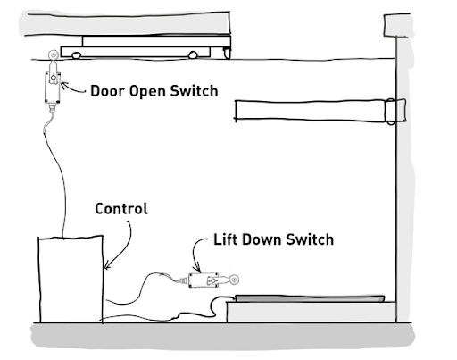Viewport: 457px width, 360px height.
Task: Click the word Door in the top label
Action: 107,91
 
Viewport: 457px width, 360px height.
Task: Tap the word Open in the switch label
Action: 147,92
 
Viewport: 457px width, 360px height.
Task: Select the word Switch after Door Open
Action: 194,91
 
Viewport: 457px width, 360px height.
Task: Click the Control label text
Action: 121,209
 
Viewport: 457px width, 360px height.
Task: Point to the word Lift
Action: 225,239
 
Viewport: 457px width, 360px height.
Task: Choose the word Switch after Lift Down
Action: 310,239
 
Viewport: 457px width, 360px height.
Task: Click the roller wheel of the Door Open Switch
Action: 53,55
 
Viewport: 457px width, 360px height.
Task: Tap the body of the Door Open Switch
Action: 53,88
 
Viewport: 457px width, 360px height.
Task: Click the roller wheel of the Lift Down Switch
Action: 234,280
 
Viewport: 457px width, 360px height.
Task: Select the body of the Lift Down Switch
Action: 204,280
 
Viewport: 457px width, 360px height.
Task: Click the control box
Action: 71,279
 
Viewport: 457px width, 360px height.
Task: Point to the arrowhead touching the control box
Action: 106,266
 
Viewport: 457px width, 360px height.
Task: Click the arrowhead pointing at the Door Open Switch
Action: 63,85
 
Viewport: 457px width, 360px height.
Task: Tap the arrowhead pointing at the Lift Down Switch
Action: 197,269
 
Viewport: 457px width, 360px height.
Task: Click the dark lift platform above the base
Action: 310,298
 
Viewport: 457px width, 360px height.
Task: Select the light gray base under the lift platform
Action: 312,312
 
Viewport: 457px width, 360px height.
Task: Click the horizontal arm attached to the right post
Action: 311,111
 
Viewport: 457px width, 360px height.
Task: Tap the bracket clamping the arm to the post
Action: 395,111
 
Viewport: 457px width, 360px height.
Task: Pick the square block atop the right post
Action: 397,25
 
